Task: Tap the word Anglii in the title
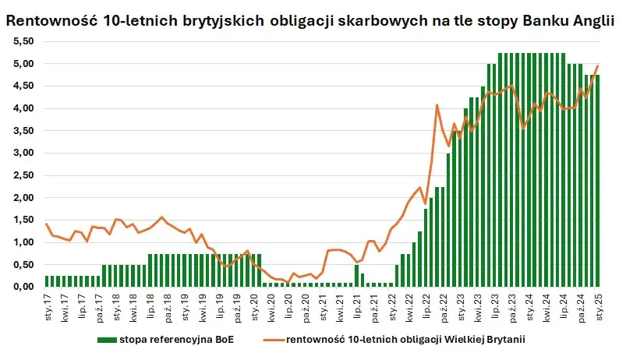(x=590, y=21)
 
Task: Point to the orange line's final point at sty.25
(x=599, y=65)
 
